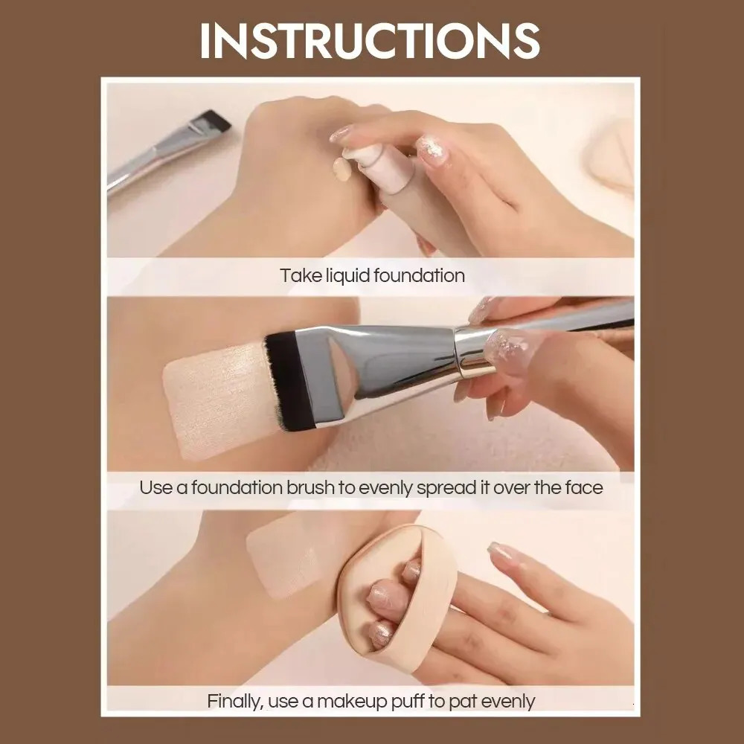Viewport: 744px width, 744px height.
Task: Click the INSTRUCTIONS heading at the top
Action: (370, 41)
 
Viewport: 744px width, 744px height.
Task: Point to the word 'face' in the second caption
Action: (583, 488)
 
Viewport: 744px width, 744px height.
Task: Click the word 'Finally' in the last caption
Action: (234, 700)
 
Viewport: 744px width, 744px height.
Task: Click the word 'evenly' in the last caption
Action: (508, 700)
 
